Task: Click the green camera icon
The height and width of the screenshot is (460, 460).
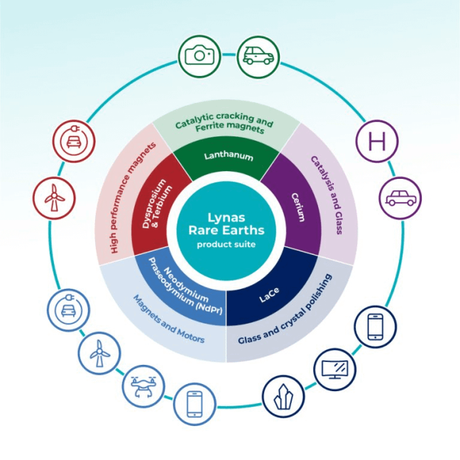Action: point(198,55)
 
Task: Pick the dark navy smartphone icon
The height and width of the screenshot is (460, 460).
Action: point(375,327)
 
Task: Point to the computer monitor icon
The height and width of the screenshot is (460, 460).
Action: point(335,369)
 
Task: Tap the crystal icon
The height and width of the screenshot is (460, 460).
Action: point(283,396)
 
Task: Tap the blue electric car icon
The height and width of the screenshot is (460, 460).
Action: point(68,310)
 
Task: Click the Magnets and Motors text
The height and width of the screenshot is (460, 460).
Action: point(170,319)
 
